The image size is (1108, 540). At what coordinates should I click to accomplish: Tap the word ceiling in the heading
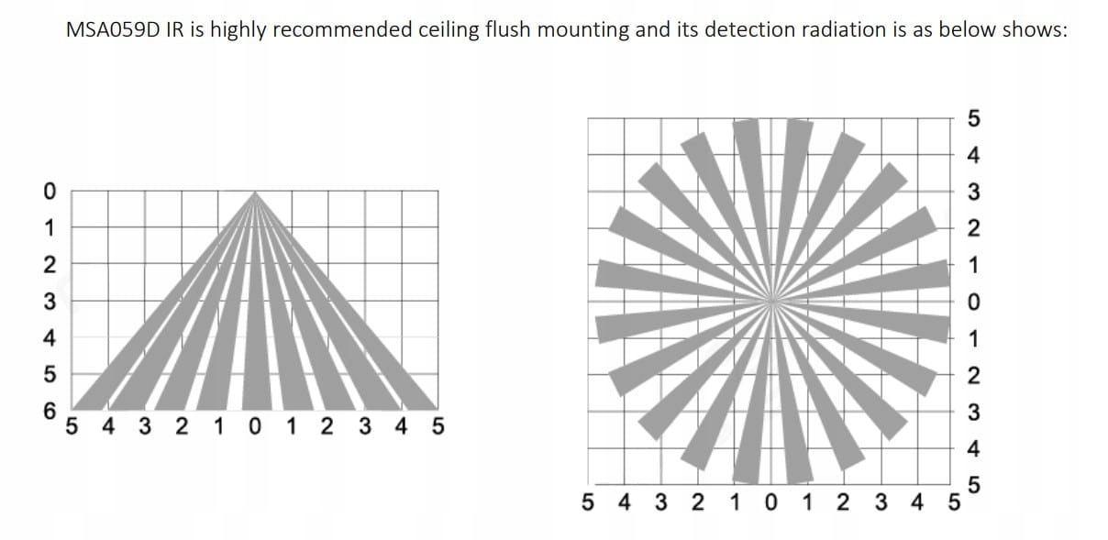click(450, 29)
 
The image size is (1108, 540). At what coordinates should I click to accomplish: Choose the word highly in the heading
click(238, 29)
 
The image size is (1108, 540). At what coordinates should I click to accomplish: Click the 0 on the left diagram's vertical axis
click(50, 191)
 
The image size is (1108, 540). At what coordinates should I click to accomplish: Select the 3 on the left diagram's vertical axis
click(50, 302)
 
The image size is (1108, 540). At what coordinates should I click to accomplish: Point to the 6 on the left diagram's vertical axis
click(50, 411)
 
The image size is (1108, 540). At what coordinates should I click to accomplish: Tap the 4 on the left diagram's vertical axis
click(50, 338)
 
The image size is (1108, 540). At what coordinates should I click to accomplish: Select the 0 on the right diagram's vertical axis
click(974, 302)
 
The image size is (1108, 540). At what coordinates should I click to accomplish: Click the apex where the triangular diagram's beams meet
click(255, 193)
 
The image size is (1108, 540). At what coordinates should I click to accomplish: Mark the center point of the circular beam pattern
click(771, 300)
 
